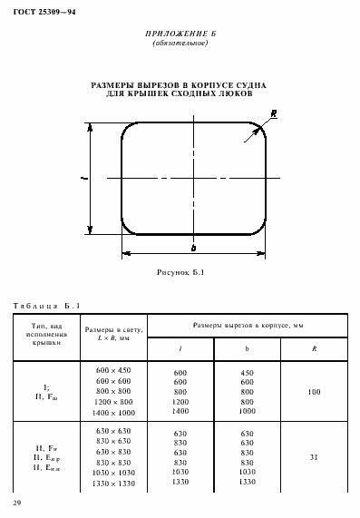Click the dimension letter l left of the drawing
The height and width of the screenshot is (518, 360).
[83, 180]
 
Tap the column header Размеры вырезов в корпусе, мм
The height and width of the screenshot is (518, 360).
[247, 324]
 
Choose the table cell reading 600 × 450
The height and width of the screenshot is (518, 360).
[112, 370]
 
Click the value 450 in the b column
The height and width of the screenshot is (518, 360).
[247, 372]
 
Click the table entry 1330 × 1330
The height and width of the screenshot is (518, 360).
[112, 484]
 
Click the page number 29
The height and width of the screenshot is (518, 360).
[17, 502]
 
